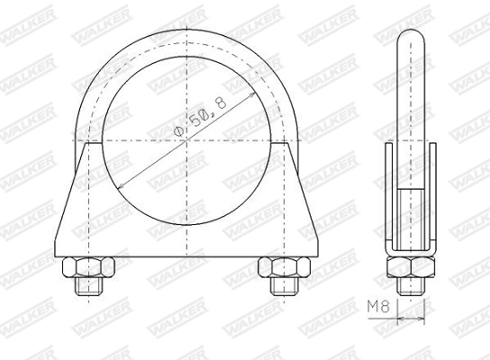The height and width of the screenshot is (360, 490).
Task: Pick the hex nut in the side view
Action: (412, 267)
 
